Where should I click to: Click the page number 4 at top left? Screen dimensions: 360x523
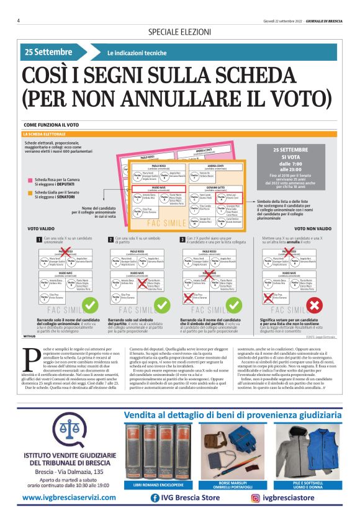point(19,20)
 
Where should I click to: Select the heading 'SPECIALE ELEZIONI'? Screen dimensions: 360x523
point(179,32)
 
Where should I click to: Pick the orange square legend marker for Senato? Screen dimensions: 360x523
point(29,193)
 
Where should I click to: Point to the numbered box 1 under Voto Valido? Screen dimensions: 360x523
point(38,239)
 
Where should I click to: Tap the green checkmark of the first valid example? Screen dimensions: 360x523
point(91,305)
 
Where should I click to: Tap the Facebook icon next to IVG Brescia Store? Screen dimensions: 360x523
point(155,498)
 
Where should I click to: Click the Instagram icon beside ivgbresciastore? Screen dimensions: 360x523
point(256,498)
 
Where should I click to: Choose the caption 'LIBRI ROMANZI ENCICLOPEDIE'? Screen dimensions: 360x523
point(161,484)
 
